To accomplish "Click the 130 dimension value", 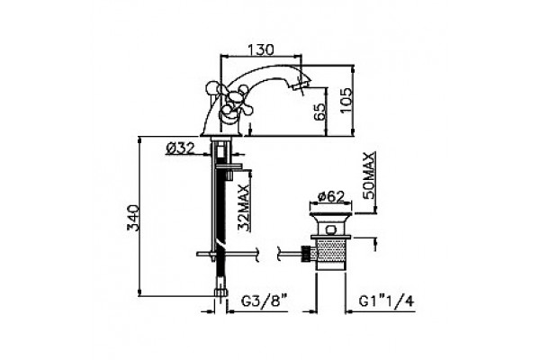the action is (x=261, y=49).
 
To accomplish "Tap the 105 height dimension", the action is (x=346, y=100).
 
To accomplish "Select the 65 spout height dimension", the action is (x=319, y=111).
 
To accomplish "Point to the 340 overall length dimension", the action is (x=132, y=218).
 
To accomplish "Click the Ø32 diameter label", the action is (x=181, y=148).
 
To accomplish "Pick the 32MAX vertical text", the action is (x=244, y=208).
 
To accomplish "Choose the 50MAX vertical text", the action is (x=369, y=175).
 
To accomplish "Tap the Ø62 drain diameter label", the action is (x=331, y=197).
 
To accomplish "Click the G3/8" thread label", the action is (x=264, y=301).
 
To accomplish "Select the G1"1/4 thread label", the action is (x=386, y=301).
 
